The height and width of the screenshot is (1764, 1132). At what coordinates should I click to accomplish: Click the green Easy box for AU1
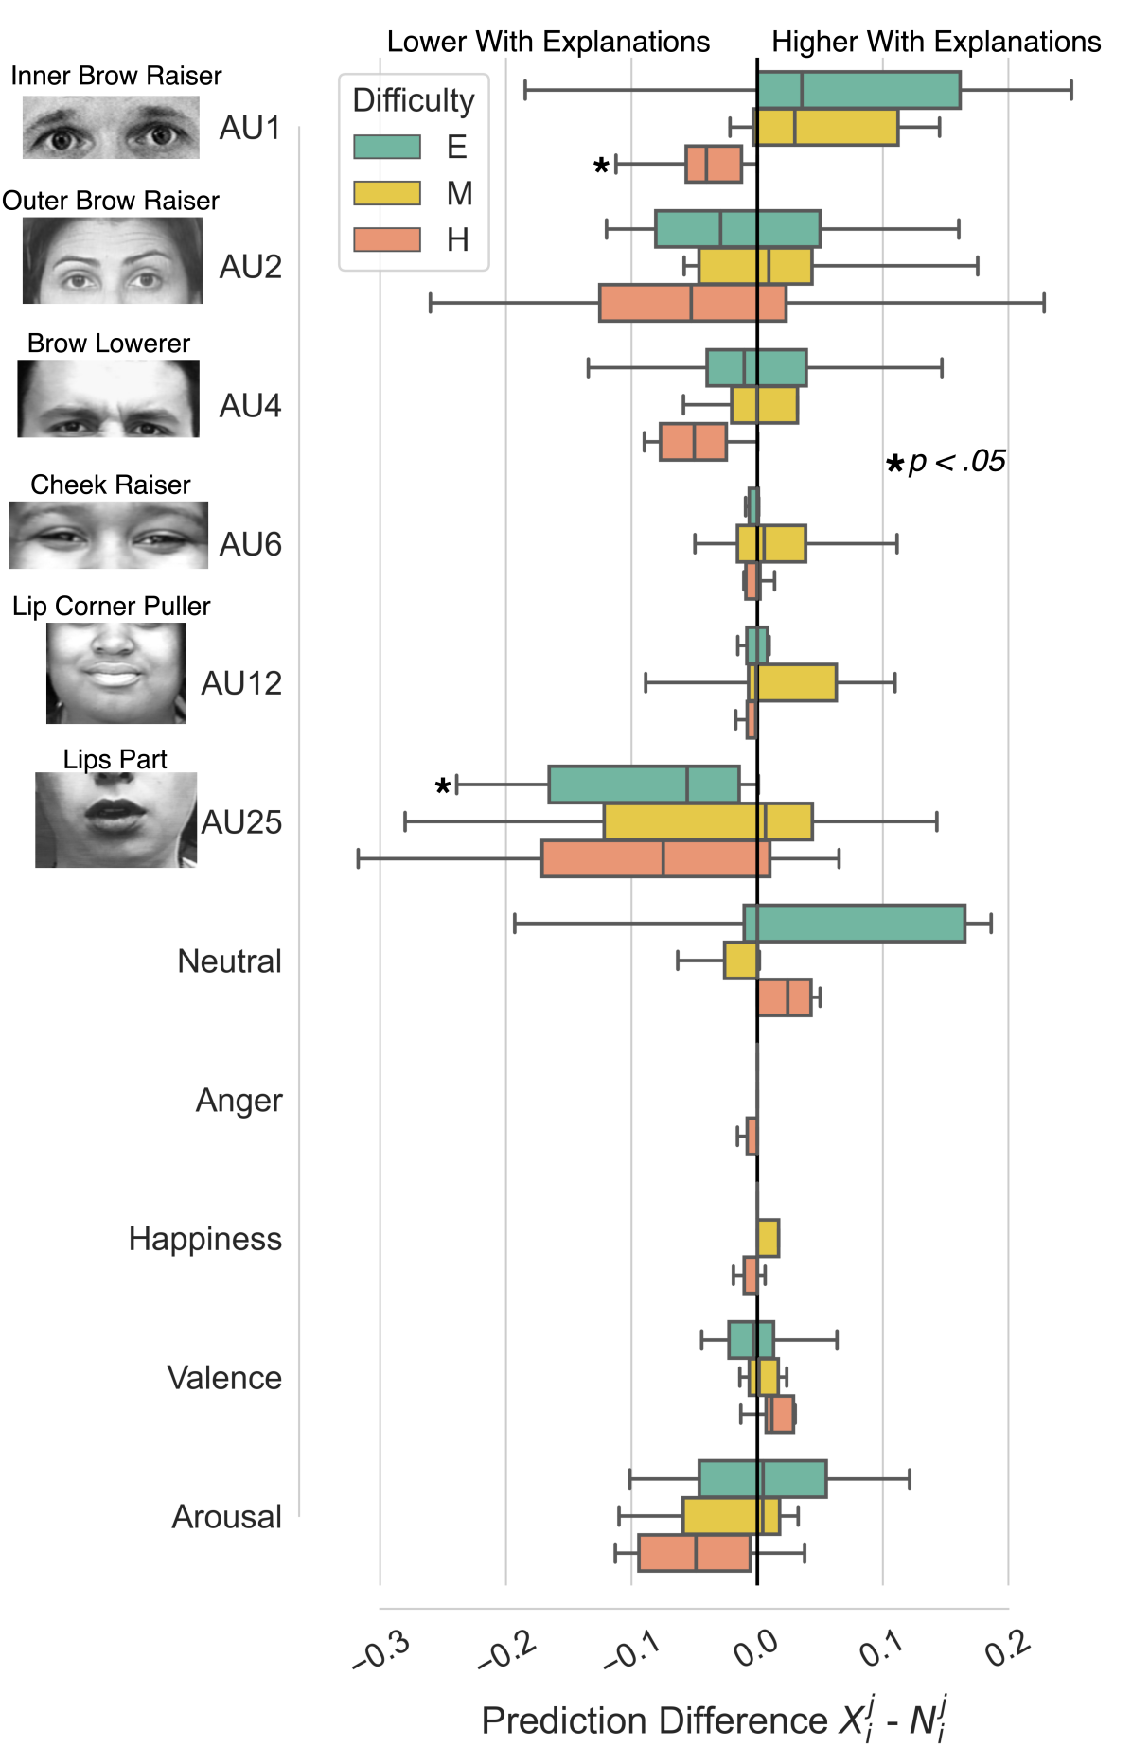click(x=858, y=90)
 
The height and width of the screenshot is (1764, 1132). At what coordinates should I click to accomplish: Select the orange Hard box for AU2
click(x=692, y=303)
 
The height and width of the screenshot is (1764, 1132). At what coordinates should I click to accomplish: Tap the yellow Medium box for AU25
click(x=708, y=821)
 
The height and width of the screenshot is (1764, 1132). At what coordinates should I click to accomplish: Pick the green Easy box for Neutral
click(x=854, y=923)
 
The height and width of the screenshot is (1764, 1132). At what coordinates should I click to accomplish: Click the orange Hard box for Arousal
click(x=694, y=1553)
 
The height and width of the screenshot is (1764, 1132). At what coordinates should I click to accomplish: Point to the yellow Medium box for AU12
click(x=792, y=682)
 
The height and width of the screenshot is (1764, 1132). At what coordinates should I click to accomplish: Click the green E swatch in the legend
click(x=387, y=147)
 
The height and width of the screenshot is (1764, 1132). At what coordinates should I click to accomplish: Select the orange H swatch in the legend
click(x=387, y=239)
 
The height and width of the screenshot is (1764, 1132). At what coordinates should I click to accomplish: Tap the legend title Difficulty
click(x=414, y=100)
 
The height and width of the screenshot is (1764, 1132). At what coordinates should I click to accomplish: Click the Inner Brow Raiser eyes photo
click(x=111, y=128)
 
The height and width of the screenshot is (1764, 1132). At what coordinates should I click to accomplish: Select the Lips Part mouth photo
click(x=115, y=820)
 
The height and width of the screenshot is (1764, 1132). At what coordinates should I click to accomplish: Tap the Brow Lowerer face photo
click(x=108, y=398)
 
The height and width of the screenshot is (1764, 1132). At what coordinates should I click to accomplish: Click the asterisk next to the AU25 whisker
click(x=442, y=786)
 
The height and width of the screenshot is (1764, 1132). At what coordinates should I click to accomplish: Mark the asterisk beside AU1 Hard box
click(x=600, y=167)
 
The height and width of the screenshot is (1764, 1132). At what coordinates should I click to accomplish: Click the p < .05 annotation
click(x=946, y=462)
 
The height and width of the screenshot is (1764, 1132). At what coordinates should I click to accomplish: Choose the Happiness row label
click(x=204, y=1239)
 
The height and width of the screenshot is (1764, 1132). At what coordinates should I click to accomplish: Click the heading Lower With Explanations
click(x=548, y=42)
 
